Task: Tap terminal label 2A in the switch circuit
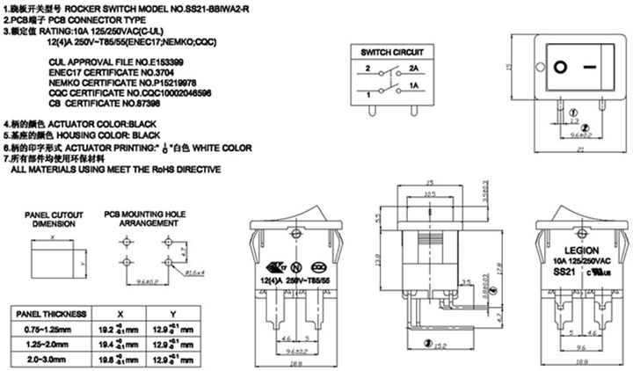(412, 68)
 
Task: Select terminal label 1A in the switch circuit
(412, 88)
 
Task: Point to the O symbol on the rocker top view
(560, 65)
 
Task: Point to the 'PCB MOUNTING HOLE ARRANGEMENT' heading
(145, 218)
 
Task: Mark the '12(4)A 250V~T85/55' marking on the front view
(289, 278)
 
